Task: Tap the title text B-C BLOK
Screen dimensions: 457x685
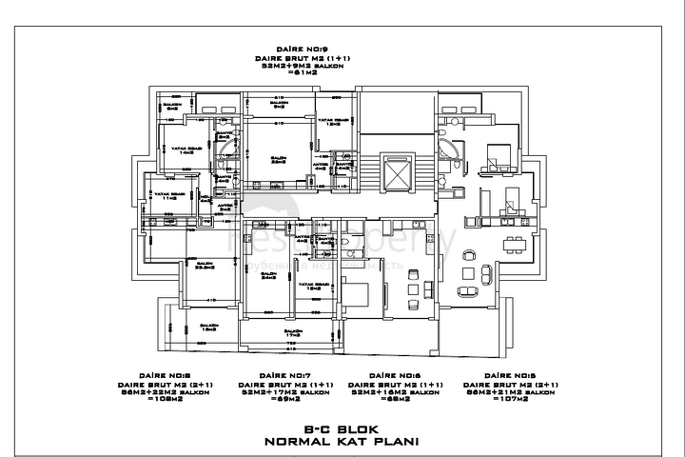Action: tap(342, 429)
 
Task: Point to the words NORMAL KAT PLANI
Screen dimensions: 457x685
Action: tap(342, 442)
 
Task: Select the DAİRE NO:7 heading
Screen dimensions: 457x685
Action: tap(285, 376)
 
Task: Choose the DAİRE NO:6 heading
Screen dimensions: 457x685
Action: tap(394, 376)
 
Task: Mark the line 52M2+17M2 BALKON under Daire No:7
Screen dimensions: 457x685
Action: tap(285, 391)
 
